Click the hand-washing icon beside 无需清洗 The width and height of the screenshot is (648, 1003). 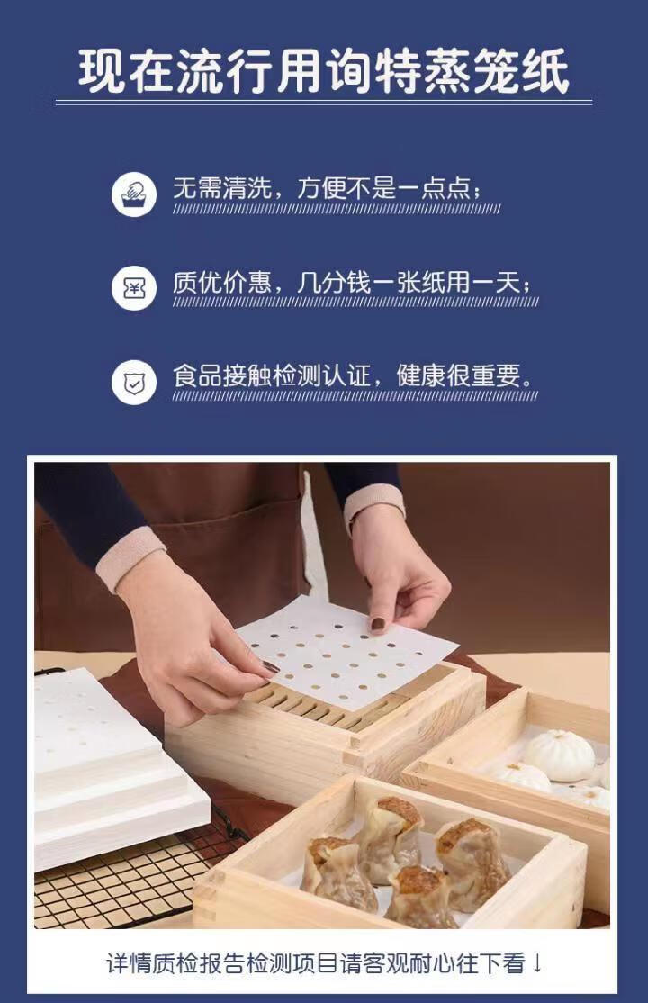click(x=134, y=194)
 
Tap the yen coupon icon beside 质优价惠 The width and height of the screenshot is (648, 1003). click(x=134, y=288)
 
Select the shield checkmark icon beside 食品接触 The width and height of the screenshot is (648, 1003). click(x=134, y=383)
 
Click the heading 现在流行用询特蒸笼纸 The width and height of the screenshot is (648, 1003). click(x=324, y=72)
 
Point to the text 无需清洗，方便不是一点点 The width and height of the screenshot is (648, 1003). click(x=328, y=188)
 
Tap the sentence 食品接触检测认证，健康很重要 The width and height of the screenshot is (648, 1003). click(x=354, y=375)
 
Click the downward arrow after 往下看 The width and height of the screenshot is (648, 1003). click(x=536, y=963)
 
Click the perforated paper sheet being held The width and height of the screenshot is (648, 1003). click(x=346, y=653)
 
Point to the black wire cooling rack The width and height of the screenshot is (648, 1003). click(x=134, y=882)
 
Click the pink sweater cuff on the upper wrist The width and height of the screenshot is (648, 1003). click(x=375, y=505)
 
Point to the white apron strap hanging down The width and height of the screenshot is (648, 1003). click(x=313, y=538)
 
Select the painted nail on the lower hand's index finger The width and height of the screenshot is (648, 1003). click(x=270, y=667)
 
